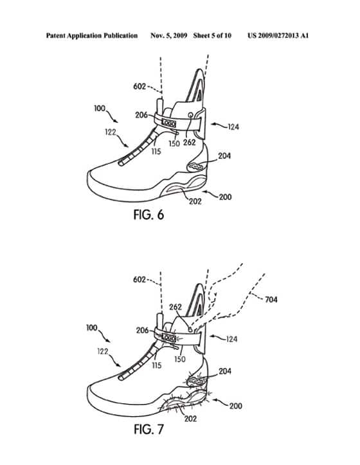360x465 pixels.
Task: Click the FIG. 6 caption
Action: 148,215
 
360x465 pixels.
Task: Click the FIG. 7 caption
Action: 148,429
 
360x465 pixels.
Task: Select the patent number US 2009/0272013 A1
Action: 278,35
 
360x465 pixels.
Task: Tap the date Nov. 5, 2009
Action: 168,36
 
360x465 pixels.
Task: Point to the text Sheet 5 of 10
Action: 212,35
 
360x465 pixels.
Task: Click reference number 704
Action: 271,300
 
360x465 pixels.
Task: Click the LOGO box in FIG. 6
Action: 168,123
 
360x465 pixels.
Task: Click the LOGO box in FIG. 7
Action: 168,338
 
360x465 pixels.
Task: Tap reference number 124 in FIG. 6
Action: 233,127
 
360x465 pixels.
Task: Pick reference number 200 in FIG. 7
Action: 236,406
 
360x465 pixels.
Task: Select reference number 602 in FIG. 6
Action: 139,87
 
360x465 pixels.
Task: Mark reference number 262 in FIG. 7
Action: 175,307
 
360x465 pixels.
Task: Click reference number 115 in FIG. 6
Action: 156,152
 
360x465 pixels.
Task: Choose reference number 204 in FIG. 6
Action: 224,156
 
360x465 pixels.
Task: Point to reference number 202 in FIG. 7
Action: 190,419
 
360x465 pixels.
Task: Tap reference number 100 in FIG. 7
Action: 92,328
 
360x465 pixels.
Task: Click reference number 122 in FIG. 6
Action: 111,132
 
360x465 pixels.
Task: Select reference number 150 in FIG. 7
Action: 180,359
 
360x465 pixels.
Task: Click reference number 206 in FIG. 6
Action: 141,114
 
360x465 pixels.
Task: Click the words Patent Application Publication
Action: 92,36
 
